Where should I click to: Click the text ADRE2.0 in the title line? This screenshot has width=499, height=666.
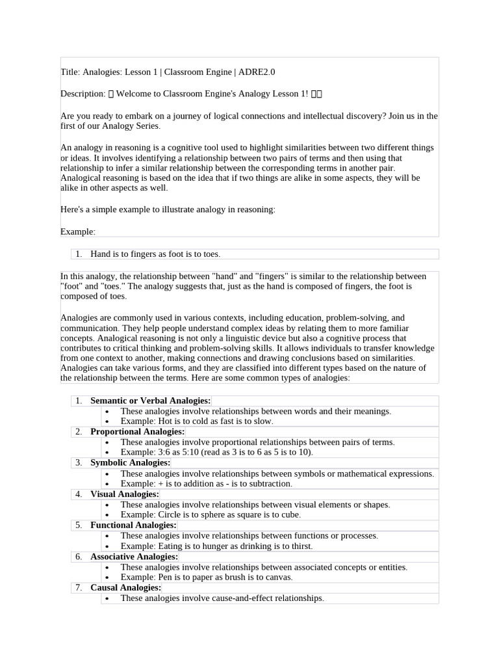(266, 72)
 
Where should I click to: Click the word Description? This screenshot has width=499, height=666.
(82, 94)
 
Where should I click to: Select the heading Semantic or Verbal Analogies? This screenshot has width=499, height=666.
(150, 401)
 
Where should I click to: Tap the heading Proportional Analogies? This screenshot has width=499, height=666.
(137, 432)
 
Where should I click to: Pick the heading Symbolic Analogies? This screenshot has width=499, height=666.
(130, 462)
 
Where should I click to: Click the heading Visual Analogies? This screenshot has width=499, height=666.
(124, 494)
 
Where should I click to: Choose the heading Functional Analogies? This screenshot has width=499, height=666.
(133, 525)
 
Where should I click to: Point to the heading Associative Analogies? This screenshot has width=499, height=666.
(134, 557)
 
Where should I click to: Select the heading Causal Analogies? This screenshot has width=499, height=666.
(125, 587)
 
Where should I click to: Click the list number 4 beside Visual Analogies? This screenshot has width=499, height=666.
(79, 494)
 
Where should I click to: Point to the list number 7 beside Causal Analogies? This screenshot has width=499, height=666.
(79, 587)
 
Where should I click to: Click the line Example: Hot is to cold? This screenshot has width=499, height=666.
(196, 421)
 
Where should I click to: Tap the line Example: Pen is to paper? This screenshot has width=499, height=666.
(207, 577)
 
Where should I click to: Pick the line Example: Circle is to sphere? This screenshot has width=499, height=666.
(211, 514)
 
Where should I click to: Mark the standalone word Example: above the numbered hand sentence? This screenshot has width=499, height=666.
(77, 232)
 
